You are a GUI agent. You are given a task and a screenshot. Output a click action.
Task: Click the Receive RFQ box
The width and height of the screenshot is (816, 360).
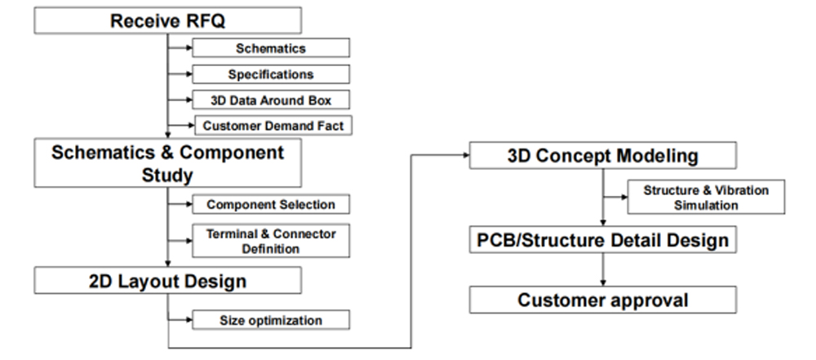tap(166, 20)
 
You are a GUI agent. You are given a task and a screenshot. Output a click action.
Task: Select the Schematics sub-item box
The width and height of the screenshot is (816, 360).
tap(271, 49)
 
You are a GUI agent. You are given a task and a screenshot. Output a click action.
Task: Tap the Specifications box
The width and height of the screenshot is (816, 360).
tap(271, 74)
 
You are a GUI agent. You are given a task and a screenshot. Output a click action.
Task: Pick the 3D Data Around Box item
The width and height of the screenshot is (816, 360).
tap(271, 100)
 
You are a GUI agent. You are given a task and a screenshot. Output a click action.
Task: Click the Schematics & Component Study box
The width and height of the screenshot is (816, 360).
tap(166, 162)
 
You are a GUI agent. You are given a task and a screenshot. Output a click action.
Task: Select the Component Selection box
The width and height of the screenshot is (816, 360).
tap(271, 203)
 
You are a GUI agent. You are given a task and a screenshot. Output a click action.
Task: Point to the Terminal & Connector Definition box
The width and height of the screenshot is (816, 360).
tap(271, 240)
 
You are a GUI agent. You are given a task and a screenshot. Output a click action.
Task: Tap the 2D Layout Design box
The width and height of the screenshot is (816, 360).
tap(166, 282)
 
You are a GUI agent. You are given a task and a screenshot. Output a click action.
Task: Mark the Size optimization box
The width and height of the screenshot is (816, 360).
tap(271, 319)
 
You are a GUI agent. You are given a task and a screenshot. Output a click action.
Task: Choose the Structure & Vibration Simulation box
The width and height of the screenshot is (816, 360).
tap(706, 197)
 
